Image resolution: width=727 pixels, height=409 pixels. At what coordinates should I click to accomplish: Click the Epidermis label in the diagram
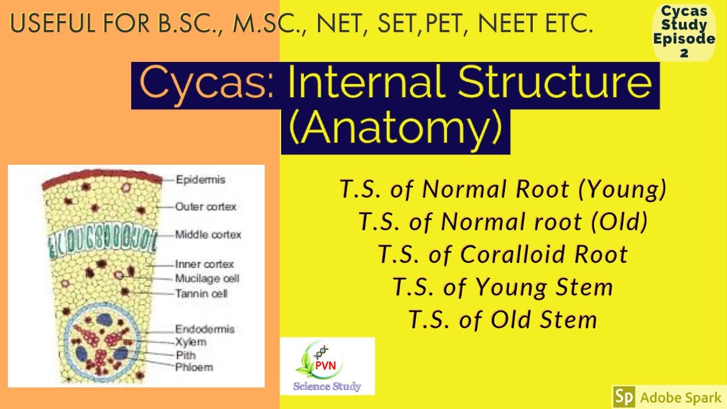(200, 180)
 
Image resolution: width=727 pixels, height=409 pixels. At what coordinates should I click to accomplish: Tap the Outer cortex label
(206, 207)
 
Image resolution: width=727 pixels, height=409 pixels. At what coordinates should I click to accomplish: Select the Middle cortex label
(208, 235)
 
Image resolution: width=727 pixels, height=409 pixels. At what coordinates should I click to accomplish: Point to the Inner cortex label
(204, 264)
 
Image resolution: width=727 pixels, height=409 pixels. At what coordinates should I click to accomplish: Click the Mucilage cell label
(207, 279)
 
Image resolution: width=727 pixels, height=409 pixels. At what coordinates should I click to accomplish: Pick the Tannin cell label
(201, 294)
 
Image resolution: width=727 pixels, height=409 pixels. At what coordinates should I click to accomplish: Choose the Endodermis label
(204, 329)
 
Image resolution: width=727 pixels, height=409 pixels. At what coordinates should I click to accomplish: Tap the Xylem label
(190, 342)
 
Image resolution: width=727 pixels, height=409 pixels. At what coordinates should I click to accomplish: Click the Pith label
(185, 354)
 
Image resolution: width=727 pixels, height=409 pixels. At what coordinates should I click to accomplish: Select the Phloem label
(194, 367)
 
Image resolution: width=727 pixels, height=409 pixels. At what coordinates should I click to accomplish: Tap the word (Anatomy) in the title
(395, 130)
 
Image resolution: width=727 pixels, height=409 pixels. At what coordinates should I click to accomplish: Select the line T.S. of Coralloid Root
(503, 254)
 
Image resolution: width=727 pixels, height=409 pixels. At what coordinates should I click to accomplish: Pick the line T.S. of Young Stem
(503, 287)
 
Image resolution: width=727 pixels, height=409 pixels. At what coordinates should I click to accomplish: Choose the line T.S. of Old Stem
(503, 320)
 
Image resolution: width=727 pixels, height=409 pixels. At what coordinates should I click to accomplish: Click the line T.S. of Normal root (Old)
(503, 222)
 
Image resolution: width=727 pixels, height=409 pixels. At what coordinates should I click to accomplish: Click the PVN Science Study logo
(327, 366)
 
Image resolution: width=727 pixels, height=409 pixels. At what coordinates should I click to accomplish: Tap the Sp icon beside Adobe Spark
(624, 397)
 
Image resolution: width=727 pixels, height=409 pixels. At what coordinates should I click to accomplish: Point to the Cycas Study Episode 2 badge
(684, 32)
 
